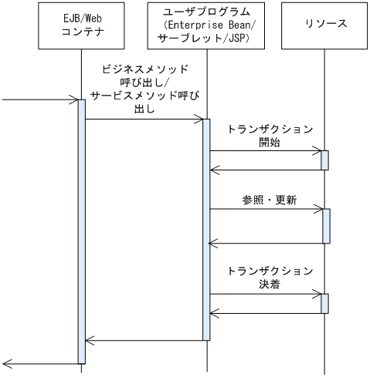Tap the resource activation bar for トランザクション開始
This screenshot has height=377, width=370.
(325, 160)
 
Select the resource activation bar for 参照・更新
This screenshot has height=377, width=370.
(325, 225)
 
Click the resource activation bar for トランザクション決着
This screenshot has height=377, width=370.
(325, 303)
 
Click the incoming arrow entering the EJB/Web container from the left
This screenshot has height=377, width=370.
(39, 99)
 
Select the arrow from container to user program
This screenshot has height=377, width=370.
(144, 119)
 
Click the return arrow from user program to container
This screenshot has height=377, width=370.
(144, 339)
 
